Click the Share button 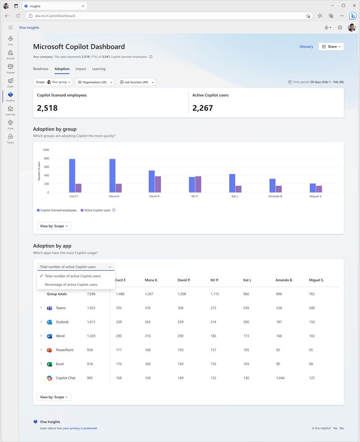331,46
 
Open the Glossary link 306,46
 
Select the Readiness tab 41,69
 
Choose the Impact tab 80,69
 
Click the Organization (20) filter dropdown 95,82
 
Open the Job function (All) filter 136,82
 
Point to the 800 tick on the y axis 46,158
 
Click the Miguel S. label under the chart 315,196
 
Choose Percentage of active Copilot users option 71,284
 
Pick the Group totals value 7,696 91,294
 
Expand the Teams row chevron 41,308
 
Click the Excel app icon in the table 50,364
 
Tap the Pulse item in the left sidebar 10,124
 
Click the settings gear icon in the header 340,27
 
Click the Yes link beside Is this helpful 335,428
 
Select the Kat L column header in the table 248,280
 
